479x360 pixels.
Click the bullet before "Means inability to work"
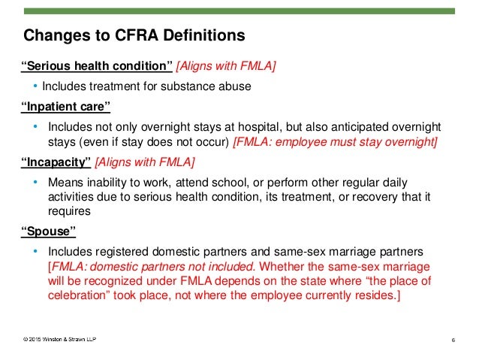coord(35,183)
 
